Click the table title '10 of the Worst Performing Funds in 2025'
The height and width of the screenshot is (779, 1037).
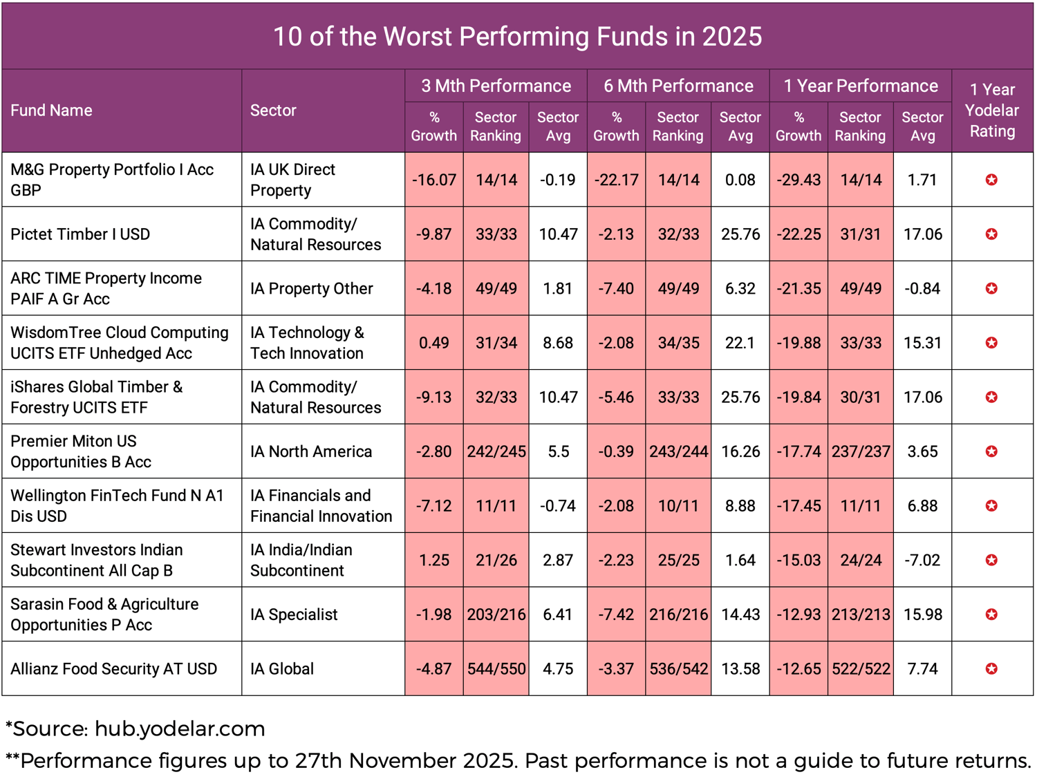coord(517,37)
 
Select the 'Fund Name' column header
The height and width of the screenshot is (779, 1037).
coord(51,111)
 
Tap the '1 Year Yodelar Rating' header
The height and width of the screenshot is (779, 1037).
coord(992,111)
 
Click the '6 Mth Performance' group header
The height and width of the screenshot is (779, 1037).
coord(678,86)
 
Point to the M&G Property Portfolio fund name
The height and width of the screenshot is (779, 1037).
coord(112,180)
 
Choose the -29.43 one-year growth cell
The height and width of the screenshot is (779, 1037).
coord(798,180)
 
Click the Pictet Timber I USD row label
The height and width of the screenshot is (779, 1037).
coord(80,234)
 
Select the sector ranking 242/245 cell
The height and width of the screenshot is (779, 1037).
coord(496,451)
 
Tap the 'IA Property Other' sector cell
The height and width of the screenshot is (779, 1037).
coord(312,288)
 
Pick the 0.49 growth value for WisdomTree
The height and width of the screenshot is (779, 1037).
coord(434,343)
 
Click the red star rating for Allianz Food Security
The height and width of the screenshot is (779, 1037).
coord(991,668)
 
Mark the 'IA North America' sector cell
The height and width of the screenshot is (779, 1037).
coord(311,451)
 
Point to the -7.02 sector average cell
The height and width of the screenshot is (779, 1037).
coord(922,560)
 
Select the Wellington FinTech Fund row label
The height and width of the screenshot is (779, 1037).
coord(118,506)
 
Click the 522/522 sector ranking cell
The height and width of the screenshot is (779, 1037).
coord(861,668)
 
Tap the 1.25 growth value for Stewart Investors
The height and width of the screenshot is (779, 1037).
coord(434,560)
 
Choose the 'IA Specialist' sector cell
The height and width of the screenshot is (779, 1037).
coord(294,614)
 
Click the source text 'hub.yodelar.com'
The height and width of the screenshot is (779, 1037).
coord(180,729)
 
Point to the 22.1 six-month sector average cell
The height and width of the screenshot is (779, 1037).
coord(740,343)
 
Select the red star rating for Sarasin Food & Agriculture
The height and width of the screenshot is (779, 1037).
coord(991,614)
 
